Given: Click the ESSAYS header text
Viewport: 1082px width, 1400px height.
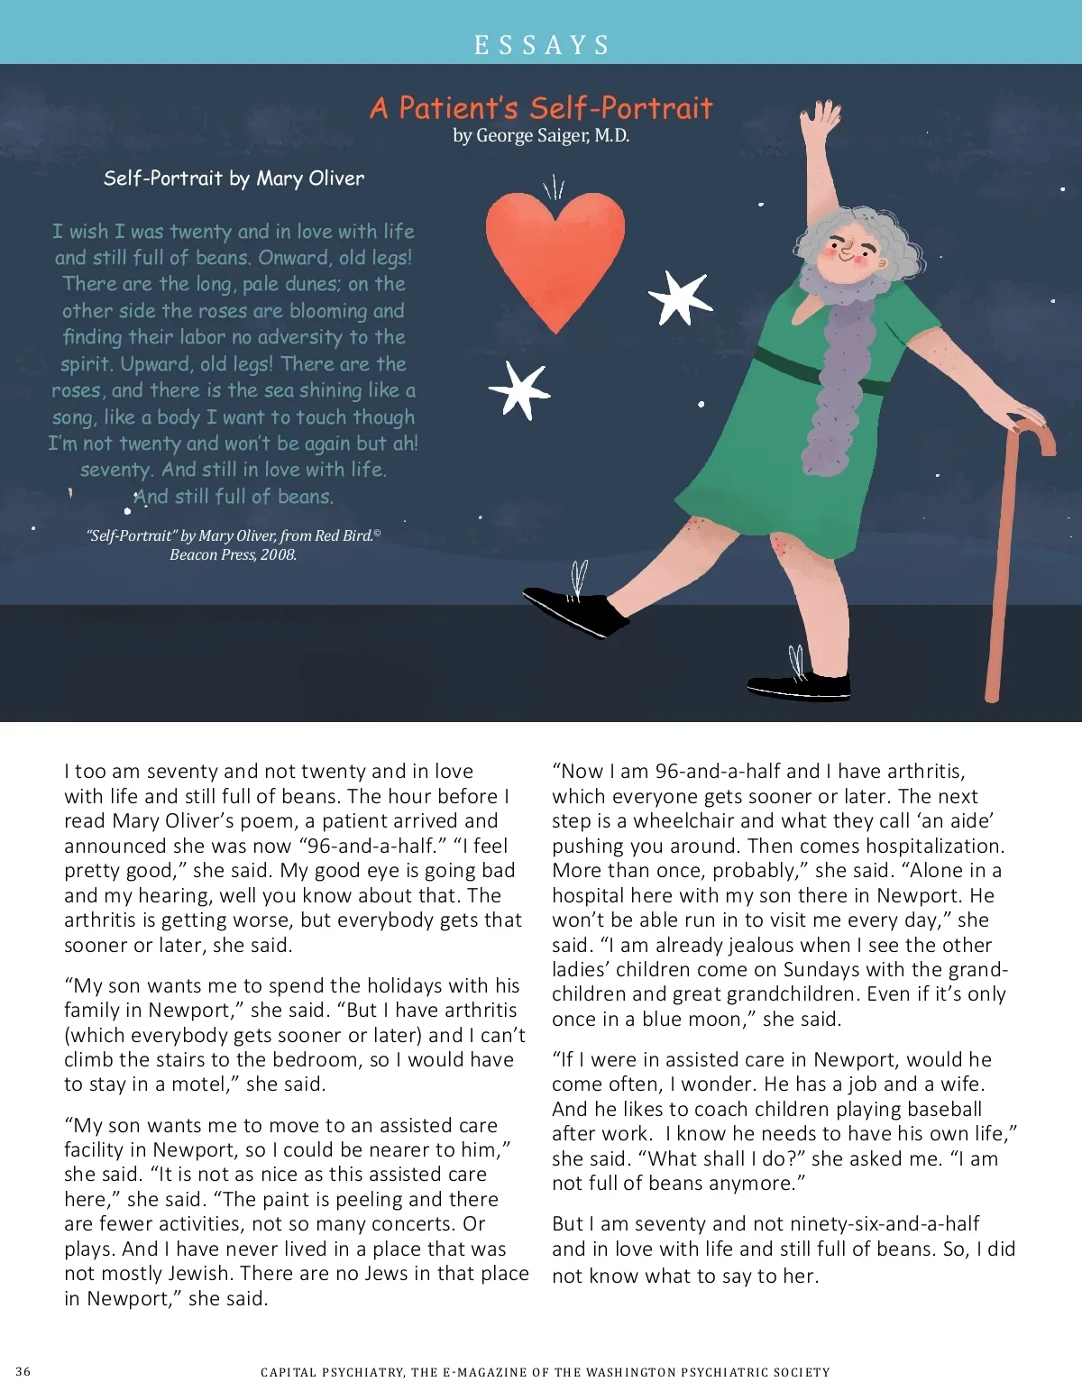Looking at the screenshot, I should pyautogui.click(x=542, y=44).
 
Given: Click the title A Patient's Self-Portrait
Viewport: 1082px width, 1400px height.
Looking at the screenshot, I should pyautogui.click(x=541, y=108).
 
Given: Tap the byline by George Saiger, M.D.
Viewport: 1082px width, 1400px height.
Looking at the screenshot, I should pyautogui.click(x=541, y=136).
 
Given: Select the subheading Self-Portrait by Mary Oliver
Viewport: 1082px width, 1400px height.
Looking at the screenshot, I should pyautogui.click(x=234, y=178).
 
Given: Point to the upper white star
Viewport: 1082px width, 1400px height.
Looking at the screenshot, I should pyautogui.click(x=679, y=297).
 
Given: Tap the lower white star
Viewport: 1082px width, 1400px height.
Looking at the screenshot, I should pyautogui.click(x=520, y=389).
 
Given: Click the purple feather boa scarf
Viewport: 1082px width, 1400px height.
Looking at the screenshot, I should pyautogui.click(x=843, y=379).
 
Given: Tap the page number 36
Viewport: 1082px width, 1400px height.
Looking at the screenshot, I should pyautogui.click(x=23, y=1371).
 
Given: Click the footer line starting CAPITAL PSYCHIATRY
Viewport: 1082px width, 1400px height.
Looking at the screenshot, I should pyautogui.click(x=545, y=1372).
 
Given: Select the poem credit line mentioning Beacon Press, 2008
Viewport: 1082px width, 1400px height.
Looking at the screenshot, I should pyautogui.click(x=234, y=545).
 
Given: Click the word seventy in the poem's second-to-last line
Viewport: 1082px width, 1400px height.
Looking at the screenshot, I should pyautogui.click(x=115, y=470).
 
